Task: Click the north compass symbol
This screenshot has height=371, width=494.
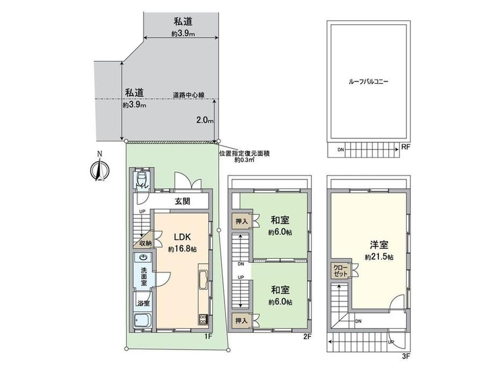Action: pos(99,170)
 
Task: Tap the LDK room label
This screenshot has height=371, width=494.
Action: pos(183,237)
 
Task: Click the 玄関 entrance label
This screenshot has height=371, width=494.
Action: pos(183,201)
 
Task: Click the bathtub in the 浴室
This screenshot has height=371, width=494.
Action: pos(142,321)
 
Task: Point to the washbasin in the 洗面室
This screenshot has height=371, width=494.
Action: pos(144,258)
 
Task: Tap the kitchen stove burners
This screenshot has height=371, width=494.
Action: pos(203,319)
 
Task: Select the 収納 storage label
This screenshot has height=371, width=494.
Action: pos(146,243)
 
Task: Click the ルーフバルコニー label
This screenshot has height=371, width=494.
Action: pos(368,82)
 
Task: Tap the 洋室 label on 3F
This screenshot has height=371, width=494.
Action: pos(379,245)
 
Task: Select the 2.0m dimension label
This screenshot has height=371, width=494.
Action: pos(205,120)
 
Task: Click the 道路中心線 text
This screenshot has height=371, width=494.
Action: pos(188,95)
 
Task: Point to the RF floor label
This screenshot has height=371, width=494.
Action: pos(405,147)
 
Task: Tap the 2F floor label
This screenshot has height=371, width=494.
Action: pos(307,337)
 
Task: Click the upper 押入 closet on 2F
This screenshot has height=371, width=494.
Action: pos(242,222)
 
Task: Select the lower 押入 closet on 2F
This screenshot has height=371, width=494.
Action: pos(242,321)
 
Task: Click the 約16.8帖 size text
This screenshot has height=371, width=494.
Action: pos(183,249)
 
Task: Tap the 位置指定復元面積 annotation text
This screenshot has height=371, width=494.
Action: pos(244,154)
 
